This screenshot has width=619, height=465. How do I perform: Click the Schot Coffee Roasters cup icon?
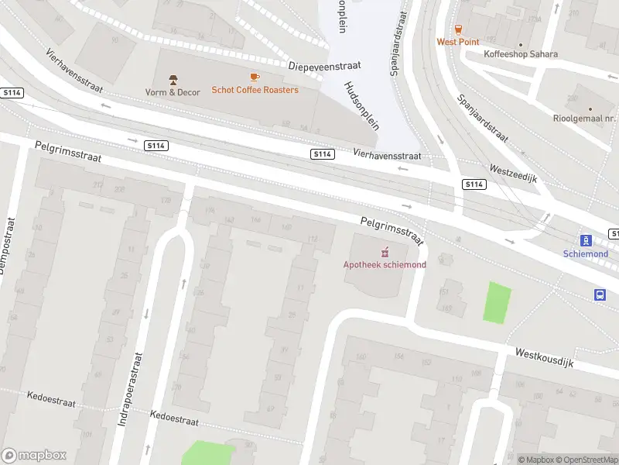pos(255,77)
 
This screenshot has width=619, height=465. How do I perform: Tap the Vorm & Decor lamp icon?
pos(173,79)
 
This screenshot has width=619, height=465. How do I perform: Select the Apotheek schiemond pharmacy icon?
pos(385,252)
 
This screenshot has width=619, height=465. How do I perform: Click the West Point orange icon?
pos(458,29)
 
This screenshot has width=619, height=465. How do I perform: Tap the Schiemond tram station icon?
pos(586,240)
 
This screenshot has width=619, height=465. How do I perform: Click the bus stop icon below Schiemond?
pos(600,294)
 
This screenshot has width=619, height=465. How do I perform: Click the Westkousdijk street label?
pos(545,357)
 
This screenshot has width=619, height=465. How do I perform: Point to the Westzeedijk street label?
pos(513,172)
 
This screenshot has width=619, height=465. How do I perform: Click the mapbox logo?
pos(34,456)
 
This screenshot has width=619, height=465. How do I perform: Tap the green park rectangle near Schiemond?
pos(498,303)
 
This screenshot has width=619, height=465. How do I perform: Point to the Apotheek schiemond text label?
pos(385,264)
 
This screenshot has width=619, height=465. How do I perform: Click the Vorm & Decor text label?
pos(173,92)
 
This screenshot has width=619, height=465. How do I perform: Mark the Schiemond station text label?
pos(586,253)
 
